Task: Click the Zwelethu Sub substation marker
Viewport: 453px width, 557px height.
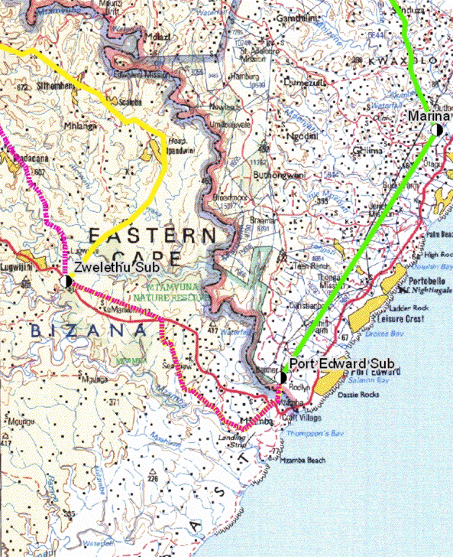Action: tap(66, 281)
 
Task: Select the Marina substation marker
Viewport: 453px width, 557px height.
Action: tap(436, 130)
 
